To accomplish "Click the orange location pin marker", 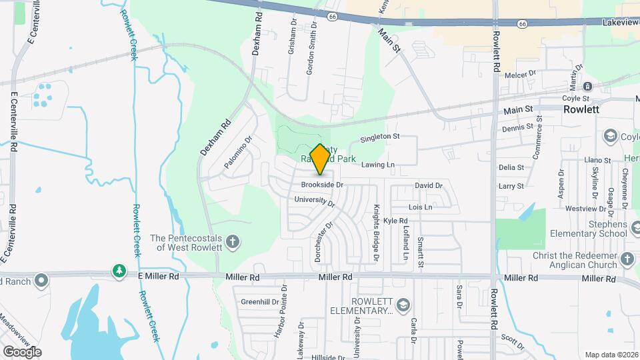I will tap(320, 159).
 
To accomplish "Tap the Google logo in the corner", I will tap(22, 351).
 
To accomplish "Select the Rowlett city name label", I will tap(581, 109).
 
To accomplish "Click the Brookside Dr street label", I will tap(321, 185).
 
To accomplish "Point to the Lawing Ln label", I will tap(378, 165).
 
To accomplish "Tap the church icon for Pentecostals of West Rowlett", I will tap(233, 241).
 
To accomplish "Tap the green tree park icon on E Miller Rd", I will tap(119, 271).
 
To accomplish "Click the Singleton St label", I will tap(379, 137).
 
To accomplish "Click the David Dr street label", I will tap(429, 185).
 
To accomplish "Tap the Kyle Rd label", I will tap(395, 221).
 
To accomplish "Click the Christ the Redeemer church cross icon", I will tap(627, 258).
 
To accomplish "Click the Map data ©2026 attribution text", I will tap(611, 355).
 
